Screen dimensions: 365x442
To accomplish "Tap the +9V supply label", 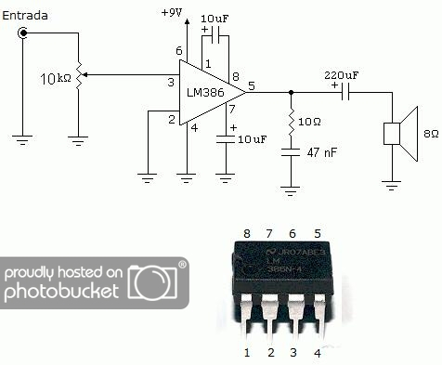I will point(171,12).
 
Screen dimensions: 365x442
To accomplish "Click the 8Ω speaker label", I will point(430,134).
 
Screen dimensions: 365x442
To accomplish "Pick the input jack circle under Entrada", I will point(23,33).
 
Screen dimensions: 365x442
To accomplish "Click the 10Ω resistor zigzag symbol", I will point(292,118).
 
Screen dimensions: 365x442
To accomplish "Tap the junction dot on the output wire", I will point(292,92).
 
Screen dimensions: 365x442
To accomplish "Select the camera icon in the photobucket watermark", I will point(156,283).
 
